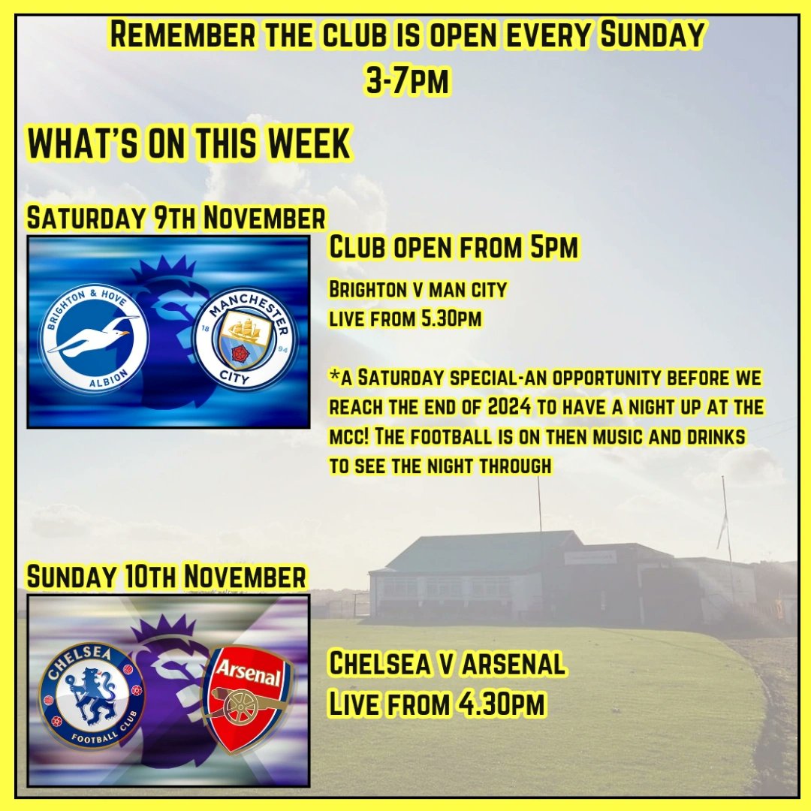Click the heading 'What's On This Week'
[189, 144]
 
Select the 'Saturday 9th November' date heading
[176, 219]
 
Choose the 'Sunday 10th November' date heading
[167, 577]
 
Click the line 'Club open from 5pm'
[454, 248]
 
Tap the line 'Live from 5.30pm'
[405, 318]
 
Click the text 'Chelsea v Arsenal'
[448, 664]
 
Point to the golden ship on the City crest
[246, 330]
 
